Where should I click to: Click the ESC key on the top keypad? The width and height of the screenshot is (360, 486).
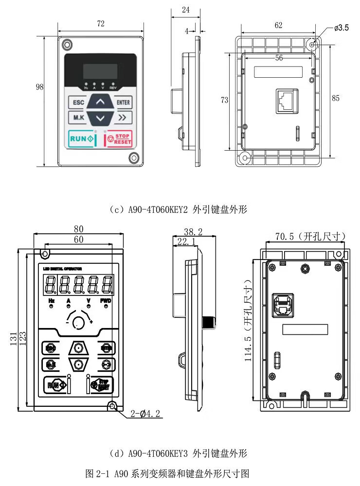point(78,103)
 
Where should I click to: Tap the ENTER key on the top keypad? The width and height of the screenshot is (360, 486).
point(123,103)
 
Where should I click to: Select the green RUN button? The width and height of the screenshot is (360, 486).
point(82,139)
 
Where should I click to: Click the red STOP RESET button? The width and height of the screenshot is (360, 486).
point(119,139)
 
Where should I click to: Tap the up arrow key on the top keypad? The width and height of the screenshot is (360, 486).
point(100,103)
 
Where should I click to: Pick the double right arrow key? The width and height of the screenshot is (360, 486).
point(123,117)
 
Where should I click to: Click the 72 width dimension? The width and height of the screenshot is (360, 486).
point(101,23)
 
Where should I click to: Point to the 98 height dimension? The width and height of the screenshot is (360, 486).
point(40,87)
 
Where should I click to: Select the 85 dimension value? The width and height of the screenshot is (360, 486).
point(336,98)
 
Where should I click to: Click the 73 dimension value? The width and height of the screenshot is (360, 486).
point(224,100)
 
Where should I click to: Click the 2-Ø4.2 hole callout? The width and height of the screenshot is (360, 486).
point(145,414)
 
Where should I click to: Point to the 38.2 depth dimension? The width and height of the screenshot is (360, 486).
point(194,232)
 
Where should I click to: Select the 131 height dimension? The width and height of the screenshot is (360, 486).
point(14,336)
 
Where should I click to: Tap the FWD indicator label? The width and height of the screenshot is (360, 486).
point(106,301)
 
